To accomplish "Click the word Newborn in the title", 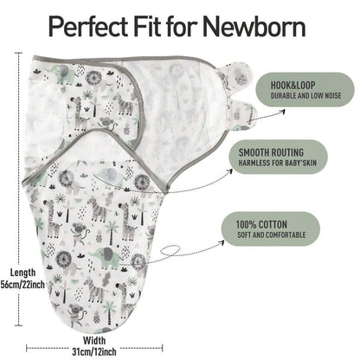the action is point(254,27).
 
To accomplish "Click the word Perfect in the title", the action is point(88,27).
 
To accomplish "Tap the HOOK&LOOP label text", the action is point(292,85).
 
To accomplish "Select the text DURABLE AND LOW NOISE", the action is point(305,95).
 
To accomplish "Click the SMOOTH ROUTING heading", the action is point(271,152).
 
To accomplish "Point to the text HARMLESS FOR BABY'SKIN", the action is point(277,163).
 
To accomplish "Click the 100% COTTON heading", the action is point(261,224).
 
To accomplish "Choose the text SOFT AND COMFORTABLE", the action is point(272,235).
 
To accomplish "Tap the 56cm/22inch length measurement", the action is point(22,285).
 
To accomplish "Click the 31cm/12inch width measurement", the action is point(94,351).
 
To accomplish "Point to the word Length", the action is point(23,273).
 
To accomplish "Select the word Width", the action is point(94,340).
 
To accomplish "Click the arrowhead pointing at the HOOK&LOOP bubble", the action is point(283,111).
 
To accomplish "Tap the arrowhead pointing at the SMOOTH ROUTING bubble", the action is point(230,171).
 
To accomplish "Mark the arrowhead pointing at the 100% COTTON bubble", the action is point(222,242).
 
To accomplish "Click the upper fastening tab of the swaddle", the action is point(236,75).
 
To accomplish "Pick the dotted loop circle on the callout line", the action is point(169,250).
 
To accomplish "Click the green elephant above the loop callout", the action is point(102,255).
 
